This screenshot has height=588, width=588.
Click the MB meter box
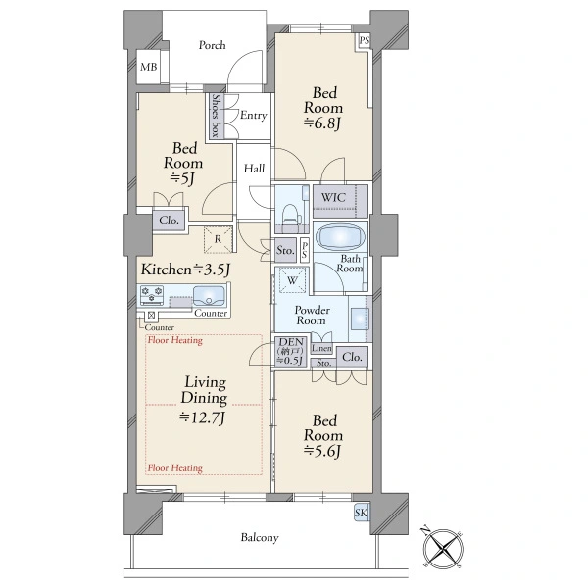coord(149,67)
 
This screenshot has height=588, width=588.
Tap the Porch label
coord(213,45)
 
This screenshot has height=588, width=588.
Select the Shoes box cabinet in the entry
coord(216,115)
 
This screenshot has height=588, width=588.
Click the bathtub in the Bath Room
coord(340,237)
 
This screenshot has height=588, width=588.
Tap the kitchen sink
coord(209,296)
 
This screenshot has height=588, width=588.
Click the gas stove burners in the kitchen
coord(152,294)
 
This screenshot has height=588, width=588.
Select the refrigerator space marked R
coord(218,239)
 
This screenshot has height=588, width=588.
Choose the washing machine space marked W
coord(292,280)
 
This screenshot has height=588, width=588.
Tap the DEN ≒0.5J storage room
coord(291,352)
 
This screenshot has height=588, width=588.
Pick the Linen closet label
coord(321,348)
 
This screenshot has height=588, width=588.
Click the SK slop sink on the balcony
coord(361,513)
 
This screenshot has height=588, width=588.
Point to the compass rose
coord(443,549)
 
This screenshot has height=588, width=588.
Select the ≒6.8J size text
coord(322,123)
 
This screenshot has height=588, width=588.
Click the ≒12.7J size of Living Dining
coord(202,417)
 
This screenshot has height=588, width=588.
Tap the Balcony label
coord(260,538)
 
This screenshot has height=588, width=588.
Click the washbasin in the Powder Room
coord(360,318)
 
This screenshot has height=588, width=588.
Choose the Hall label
coord(254,169)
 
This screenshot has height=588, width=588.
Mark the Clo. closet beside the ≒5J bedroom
coord(169,220)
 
